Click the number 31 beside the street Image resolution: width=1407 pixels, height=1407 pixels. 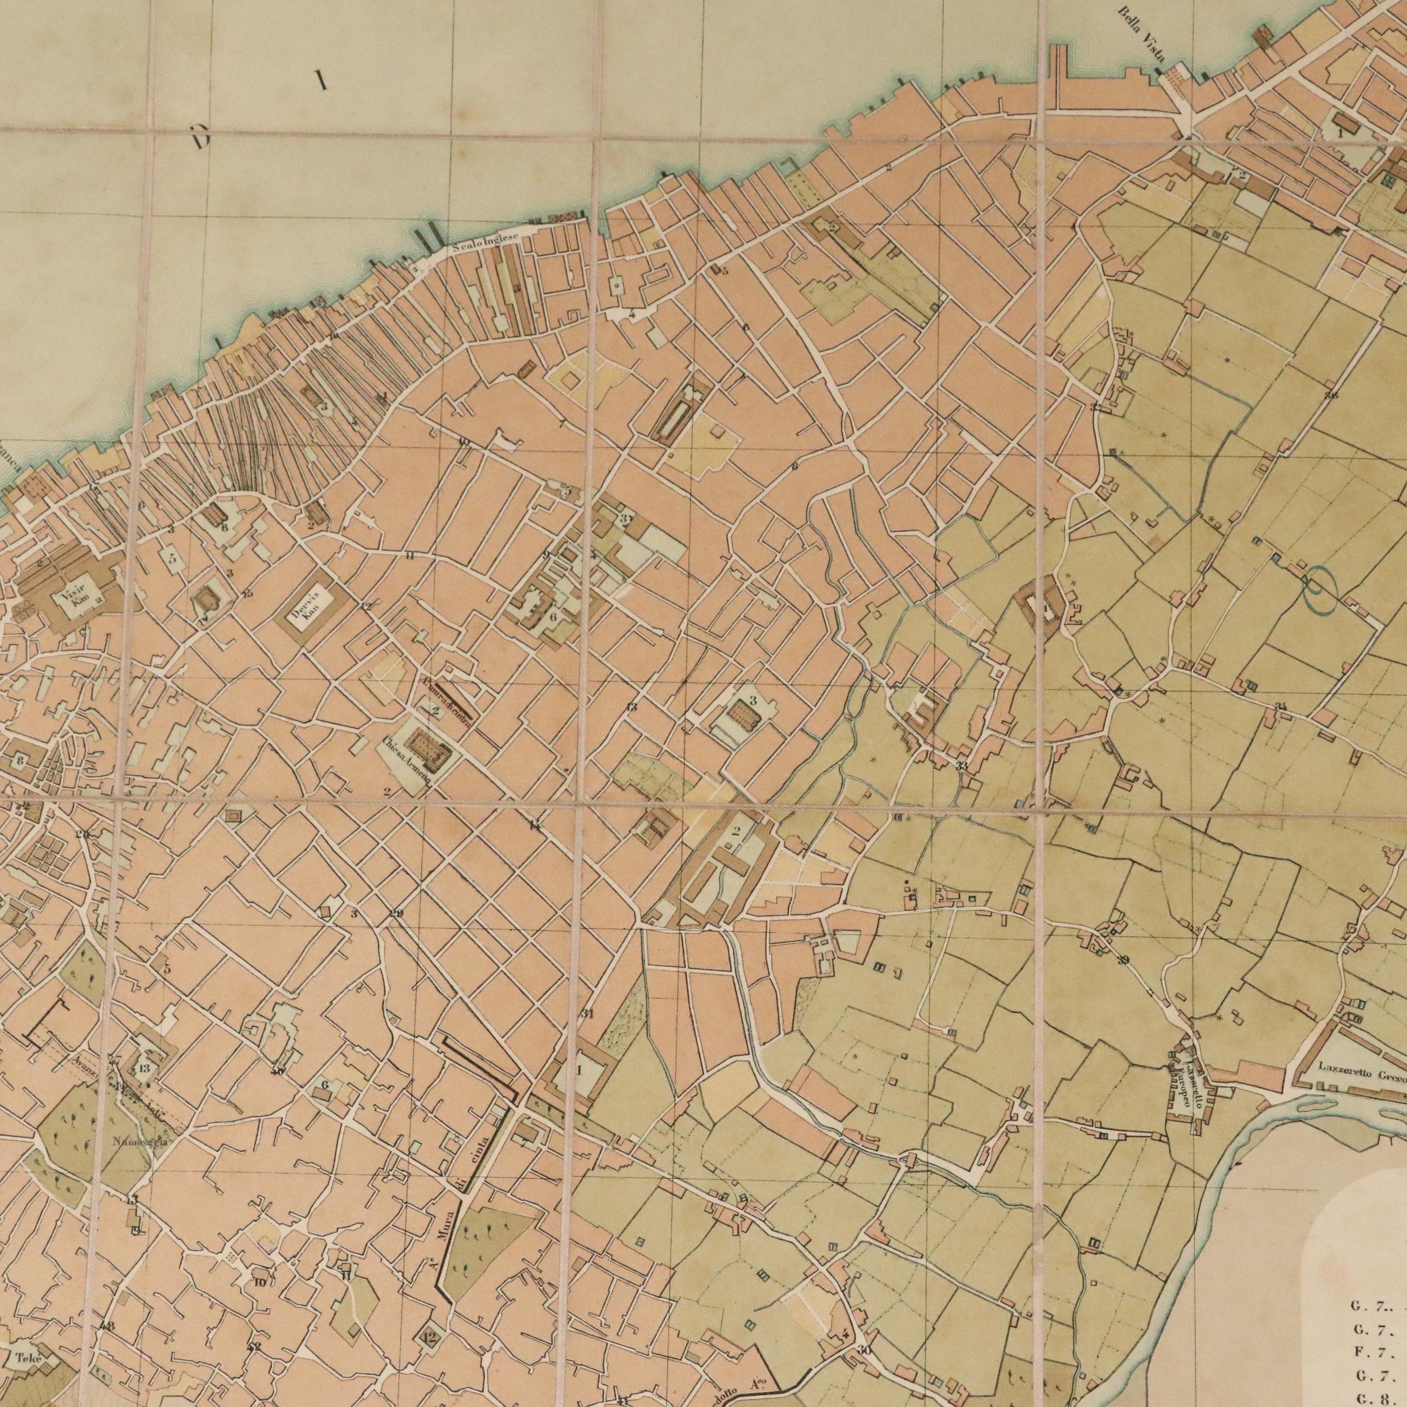pos(587,1014)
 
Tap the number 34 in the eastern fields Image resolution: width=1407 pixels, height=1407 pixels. pos(1280,706)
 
